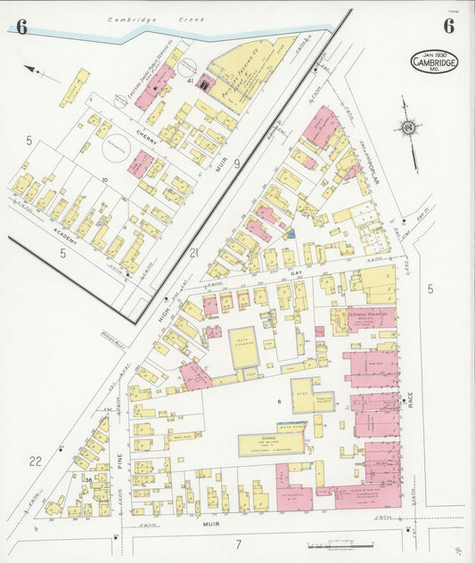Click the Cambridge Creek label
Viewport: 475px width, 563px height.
pos(156,19)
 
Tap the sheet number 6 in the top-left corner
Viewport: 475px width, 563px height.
pos(21,27)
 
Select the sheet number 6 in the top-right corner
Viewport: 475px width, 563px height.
pos(448,26)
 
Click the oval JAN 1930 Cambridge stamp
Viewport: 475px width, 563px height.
pos(434,62)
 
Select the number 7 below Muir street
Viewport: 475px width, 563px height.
pos(238,543)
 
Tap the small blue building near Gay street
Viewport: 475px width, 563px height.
pos(290,233)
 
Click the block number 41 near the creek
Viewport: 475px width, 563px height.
pos(191,80)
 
